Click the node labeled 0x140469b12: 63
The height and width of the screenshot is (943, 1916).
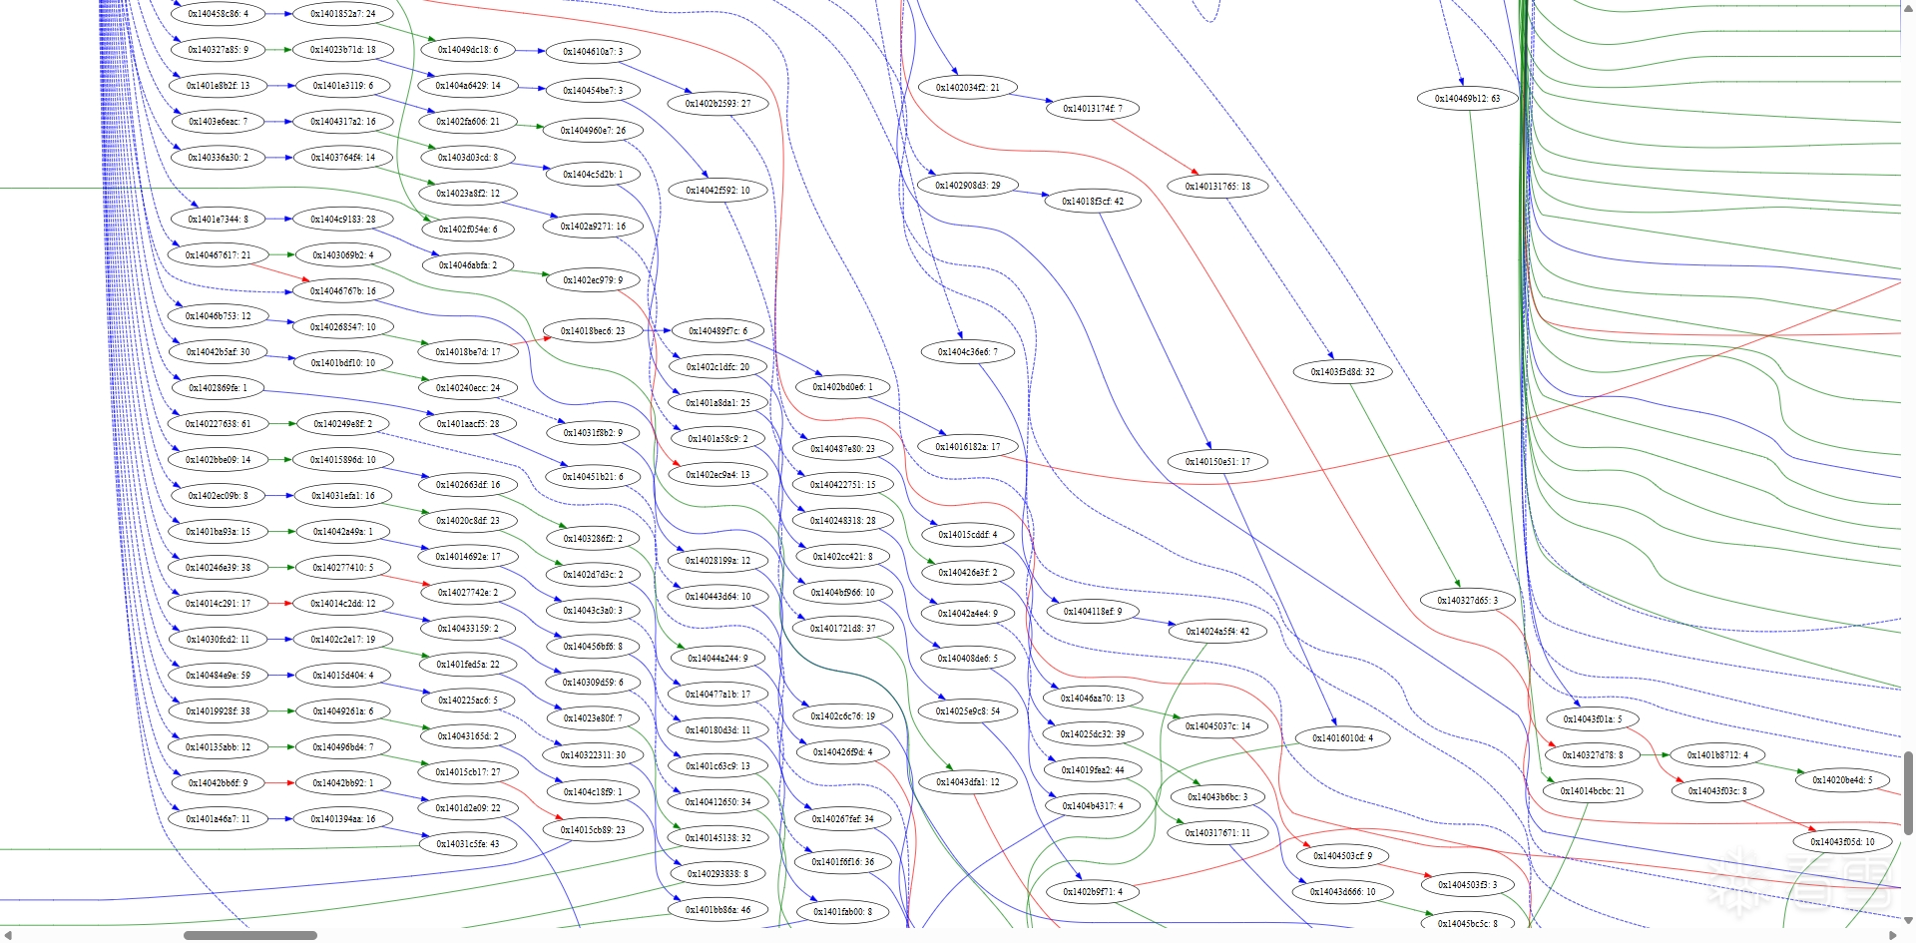(x=1467, y=99)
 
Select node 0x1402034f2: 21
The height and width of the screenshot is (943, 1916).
(x=967, y=88)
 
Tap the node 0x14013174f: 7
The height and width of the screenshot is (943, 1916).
(x=1092, y=109)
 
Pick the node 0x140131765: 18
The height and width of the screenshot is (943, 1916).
(x=1217, y=187)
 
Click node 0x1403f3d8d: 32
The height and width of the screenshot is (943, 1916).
(x=1342, y=372)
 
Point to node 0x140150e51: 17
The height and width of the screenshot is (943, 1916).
(x=1217, y=462)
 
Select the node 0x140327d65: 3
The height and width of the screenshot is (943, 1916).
(x=1467, y=601)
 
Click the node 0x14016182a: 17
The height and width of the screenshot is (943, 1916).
(x=967, y=447)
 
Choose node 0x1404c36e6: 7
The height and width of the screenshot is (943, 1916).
(x=967, y=352)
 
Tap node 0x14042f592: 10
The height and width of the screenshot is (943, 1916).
(x=718, y=191)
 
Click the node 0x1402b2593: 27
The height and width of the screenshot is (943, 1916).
(x=718, y=104)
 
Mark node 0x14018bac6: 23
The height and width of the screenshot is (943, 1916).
(x=593, y=331)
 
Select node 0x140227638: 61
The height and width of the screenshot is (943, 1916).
(x=218, y=424)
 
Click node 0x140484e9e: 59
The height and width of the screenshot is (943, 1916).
(x=218, y=676)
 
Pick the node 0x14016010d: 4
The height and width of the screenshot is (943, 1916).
(x=1342, y=738)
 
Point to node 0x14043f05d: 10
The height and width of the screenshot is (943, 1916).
(x=1842, y=842)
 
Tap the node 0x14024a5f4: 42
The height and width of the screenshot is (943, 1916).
(x=1217, y=632)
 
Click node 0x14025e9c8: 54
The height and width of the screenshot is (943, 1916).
(x=967, y=711)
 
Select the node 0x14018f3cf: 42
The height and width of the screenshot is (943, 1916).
(x=1092, y=202)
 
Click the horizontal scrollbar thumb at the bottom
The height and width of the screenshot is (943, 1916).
(x=250, y=936)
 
